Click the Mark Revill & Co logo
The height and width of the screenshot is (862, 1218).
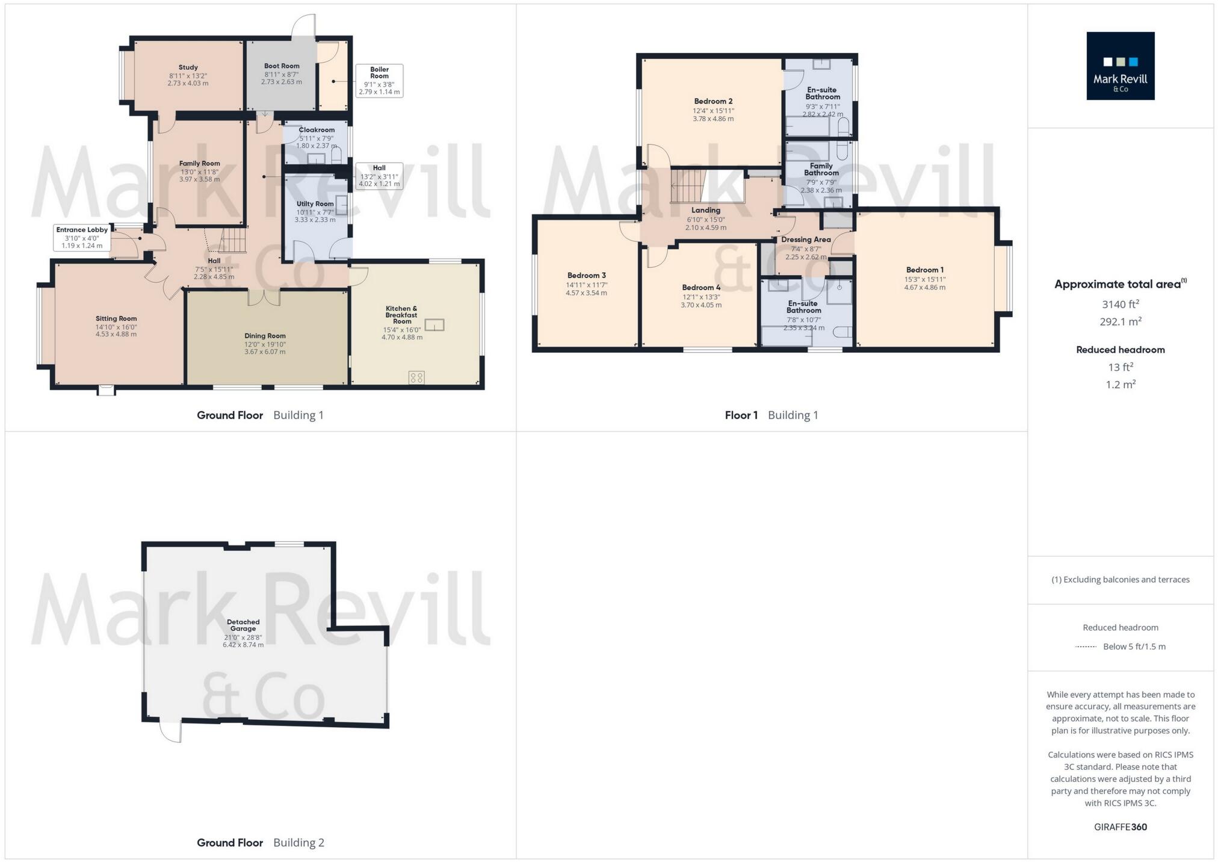(1120, 66)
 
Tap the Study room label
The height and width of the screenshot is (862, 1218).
(188, 67)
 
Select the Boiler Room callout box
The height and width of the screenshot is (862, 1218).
(379, 81)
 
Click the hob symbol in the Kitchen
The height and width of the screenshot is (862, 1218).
(416, 377)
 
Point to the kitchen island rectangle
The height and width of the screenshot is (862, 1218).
(434, 325)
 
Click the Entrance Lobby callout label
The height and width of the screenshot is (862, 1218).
(82, 238)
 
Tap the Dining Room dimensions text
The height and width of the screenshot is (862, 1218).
(265, 348)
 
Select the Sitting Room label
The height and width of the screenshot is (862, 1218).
(116, 318)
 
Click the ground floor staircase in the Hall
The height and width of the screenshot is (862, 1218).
(233, 241)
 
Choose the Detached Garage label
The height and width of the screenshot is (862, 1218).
(243, 625)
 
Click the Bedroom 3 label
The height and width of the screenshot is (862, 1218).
(586, 275)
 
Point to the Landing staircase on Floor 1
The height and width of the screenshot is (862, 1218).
(688, 186)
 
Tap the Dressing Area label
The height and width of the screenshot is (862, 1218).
(806, 240)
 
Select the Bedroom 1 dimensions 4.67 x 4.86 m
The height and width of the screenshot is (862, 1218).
(924, 287)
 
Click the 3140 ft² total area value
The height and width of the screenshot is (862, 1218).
(1120, 304)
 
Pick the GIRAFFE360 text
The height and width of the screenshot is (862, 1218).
(1120, 826)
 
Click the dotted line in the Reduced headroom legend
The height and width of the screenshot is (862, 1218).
(1086, 646)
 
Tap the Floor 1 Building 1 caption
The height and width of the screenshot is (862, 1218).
(771, 415)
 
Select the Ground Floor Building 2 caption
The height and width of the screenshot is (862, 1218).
(260, 842)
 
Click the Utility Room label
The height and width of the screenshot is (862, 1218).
(315, 203)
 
